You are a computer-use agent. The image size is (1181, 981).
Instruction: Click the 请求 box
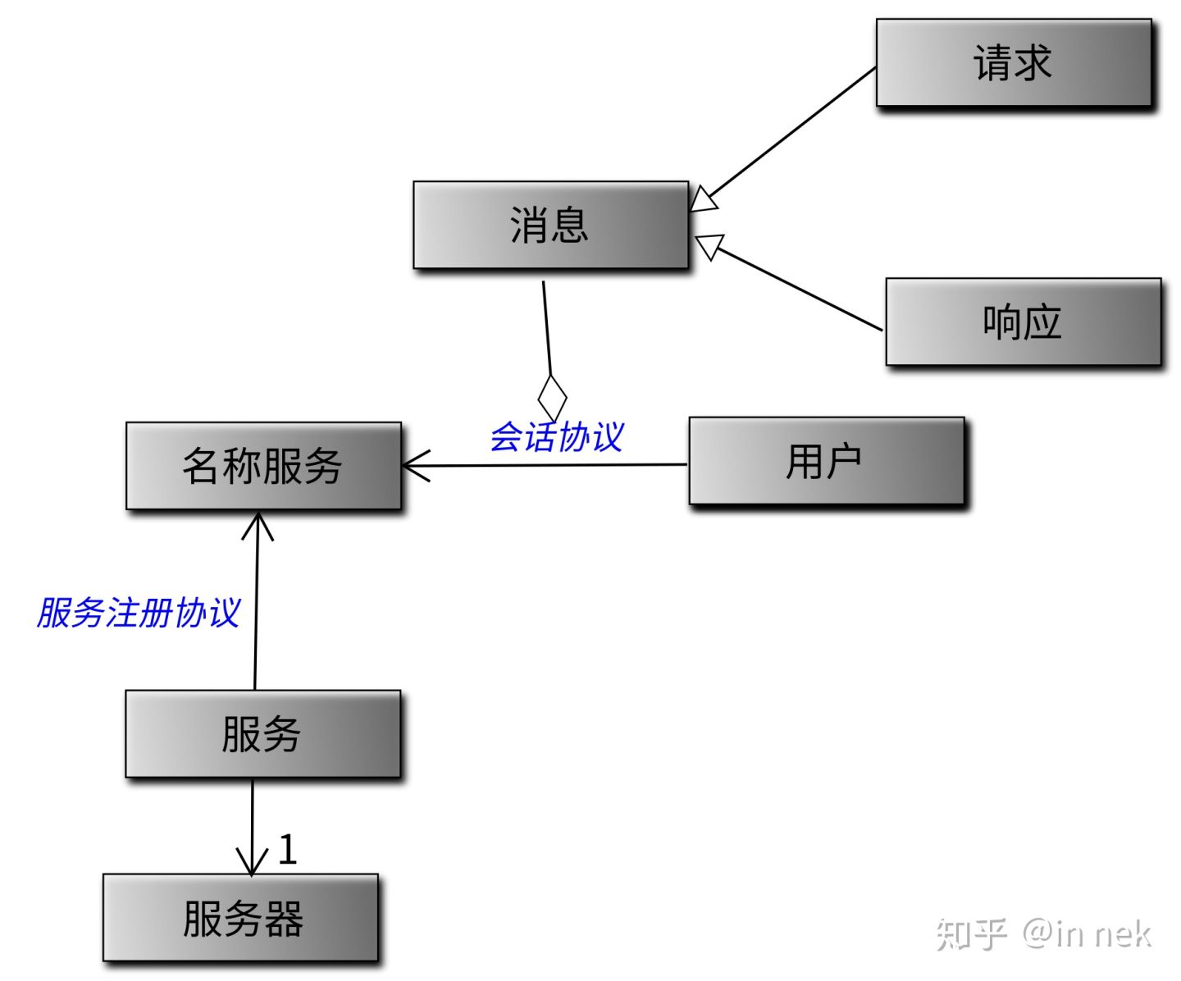pos(1014,63)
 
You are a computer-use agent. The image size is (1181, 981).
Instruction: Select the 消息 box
pos(550,225)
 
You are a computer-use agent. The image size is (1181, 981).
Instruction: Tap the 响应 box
pos(1023,322)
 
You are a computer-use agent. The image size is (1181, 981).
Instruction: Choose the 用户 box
pos(826,461)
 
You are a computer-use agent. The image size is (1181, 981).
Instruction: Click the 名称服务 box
pos(263,466)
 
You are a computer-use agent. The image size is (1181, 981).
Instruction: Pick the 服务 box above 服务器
pos(262,733)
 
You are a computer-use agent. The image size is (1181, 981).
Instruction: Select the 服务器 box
pos(240,917)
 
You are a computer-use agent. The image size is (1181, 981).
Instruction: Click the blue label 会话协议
pos(557,437)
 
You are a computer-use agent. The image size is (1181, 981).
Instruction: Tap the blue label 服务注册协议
pos(139,613)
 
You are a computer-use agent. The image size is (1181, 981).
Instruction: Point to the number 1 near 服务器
pos(287,850)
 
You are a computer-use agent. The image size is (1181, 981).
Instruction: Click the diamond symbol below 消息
pos(552,397)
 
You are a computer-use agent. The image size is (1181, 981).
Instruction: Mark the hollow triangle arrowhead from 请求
pos(703,198)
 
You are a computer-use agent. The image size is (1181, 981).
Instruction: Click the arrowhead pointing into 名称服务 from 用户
pos(415,466)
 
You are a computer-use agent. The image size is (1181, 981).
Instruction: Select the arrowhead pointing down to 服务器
pos(252,861)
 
